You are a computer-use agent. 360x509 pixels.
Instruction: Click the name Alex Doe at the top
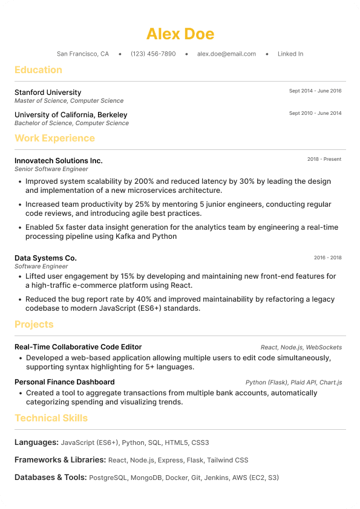(x=180, y=33)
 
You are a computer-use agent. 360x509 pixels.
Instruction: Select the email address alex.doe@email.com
(x=226, y=54)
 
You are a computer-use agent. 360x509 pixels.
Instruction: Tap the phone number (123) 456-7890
(x=153, y=54)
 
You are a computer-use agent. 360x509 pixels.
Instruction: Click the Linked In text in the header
(x=290, y=54)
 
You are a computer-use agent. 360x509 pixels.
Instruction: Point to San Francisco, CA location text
(x=83, y=54)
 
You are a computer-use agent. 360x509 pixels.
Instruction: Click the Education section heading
(x=38, y=70)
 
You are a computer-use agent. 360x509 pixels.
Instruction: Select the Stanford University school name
(x=48, y=92)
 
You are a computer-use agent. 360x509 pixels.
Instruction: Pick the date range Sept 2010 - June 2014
(x=315, y=113)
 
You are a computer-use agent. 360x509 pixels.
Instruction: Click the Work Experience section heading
(x=54, y=138)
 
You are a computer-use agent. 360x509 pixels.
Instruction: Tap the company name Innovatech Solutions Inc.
(x=59, y=161)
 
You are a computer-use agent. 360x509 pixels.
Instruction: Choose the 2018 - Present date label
(x=324, y=159)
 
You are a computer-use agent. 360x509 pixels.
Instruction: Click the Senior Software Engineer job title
(x=51, y=169)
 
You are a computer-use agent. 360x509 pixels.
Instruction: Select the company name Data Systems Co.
(x=45, y=258)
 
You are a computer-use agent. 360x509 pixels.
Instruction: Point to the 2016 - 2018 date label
(x=327, y=258)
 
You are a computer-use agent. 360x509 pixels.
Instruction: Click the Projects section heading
(x=34, y=325)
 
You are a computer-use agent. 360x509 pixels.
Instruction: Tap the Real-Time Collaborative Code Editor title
(x=78, y=347)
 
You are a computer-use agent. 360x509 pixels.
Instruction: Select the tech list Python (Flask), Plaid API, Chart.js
(x=293, y=383)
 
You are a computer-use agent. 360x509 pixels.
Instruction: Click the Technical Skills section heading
(x=51, y=418)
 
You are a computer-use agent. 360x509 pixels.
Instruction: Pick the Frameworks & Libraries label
(x=60, y=460)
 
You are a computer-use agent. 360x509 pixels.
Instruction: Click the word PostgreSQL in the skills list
(x=108, y=478)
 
